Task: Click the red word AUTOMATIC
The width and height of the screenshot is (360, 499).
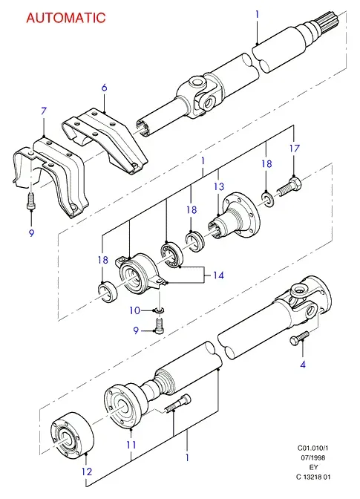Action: click(65, 18)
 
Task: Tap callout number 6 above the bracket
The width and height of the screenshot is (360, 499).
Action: click(105, 88)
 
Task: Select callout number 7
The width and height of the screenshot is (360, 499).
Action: click(44, 111)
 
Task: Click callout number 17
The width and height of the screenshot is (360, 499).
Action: click(295, 149)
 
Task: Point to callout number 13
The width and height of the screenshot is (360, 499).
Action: click(219, 186)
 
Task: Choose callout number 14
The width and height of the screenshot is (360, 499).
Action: click(218, 275)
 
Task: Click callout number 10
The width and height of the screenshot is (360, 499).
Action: click(135, 310)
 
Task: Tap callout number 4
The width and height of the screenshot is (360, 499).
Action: click(303, 365)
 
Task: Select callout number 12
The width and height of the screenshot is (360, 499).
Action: click(87, 472)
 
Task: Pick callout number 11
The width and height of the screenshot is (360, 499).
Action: click(131, 445)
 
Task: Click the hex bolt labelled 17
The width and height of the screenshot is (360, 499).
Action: click(289, 187)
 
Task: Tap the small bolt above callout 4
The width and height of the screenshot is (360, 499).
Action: click(299, 338)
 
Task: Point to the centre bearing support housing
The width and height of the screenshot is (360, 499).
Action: click(139, 274)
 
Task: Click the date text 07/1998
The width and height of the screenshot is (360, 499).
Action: click(313, 457)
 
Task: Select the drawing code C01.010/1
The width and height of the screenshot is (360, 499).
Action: click(312, 448)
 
